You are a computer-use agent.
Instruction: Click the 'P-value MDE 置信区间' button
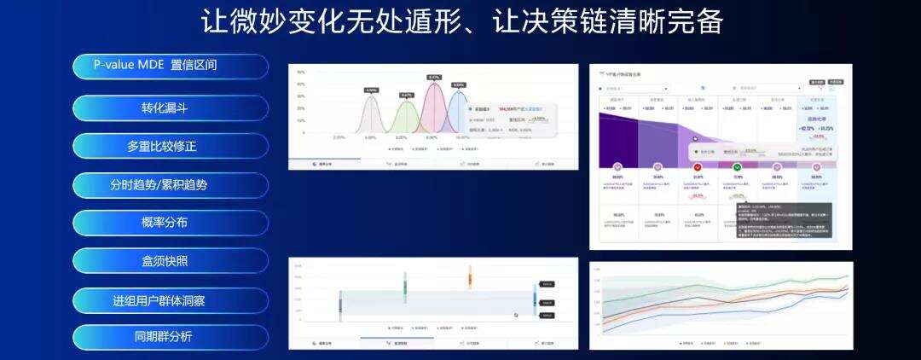pyautogui.click(x=170, y=67)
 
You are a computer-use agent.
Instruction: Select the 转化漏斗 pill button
pyautogui.click(x=170, y=107)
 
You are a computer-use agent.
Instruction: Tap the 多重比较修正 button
pyautogui.click(x=170, y=146)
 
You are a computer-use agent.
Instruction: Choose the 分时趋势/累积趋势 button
pyautogui.click(x=170, y=184)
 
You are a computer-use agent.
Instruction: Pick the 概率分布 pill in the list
pyautogui.click(x=170, y=223)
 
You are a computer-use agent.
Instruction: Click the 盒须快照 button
pyautogui.click(x=170, y=261)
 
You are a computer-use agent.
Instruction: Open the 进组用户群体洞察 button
pyautogui.click(x=170, y=300)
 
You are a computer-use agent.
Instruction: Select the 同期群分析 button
pyautogui.click(x=170, y=336)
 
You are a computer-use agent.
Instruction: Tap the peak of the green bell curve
pyautogui.click(x=405, y=102)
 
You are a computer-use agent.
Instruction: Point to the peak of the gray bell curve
pyautogui.click(x=370, y=96)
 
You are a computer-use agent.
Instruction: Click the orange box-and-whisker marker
pyautogui.click(x=469, y=276)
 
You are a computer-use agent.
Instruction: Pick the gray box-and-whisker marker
pyautogui.click(x=339, y=305)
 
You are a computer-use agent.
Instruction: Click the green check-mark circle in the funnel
pyautogui.click(x=737, y=167)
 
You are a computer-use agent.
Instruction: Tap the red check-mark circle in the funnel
pyautogui.click(x=698, y=167)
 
